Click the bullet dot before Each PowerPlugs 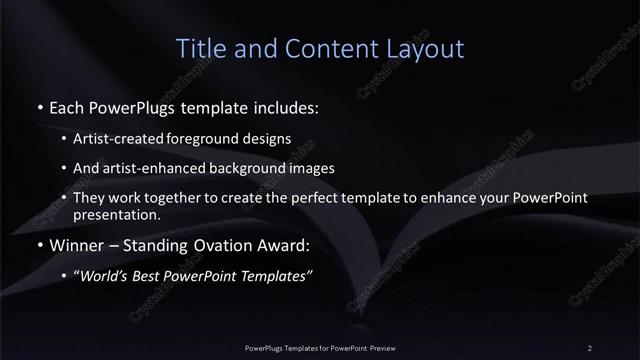click(38, 105)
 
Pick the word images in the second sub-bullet click(312, 168)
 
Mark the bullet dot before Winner click(38, 245)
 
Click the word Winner click(73, 245)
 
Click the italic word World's click(105, 276)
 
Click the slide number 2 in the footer click(590, 347)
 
